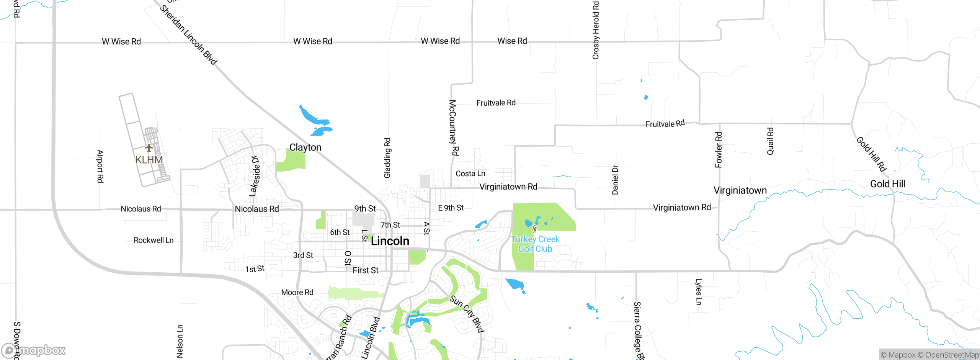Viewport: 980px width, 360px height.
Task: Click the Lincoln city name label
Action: pyautogui.click(x=390, y=241)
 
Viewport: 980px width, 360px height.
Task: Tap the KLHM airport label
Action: pyautogui.click(x=149, y=160)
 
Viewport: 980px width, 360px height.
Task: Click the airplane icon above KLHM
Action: pyautogui.click(x=149, y=147)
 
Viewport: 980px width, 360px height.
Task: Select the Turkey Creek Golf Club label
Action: pyautogui.click(x=535, y=244)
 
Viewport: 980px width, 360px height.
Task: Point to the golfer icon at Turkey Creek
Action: pyautogui.click(x=535, y=229)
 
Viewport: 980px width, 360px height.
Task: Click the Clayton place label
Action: pyautogui.click(x=305, y=147)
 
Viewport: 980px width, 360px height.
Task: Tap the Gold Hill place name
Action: pyautogui.click(x=887, y=184)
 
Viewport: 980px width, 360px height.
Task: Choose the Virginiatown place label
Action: pyautogui.click(x=740, y=190)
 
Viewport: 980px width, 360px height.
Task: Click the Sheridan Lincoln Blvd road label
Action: pyautogui.click(x=188, y=34)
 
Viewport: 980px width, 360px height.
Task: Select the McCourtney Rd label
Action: pyautogui.click(x=453, y=128)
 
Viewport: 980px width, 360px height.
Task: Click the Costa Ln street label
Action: pyautogui.click(x=470, y=173)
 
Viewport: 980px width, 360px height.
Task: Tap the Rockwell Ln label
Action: pyautogui.click(x=154, y=240)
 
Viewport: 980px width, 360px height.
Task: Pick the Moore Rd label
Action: pyautogui.click(x=297, y=292)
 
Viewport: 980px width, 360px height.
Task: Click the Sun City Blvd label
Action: pyautogui.click(x=467, y=314)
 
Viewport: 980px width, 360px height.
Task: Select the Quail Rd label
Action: pyautogui.click(x=770, y=141)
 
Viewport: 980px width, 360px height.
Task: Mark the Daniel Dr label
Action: pyautogui.click(x=615, y=180)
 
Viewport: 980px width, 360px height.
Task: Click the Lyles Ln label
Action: pyautogui.click(x=699, y=292)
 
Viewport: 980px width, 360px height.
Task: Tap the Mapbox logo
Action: pyautogui.click(x=34, y=350)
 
